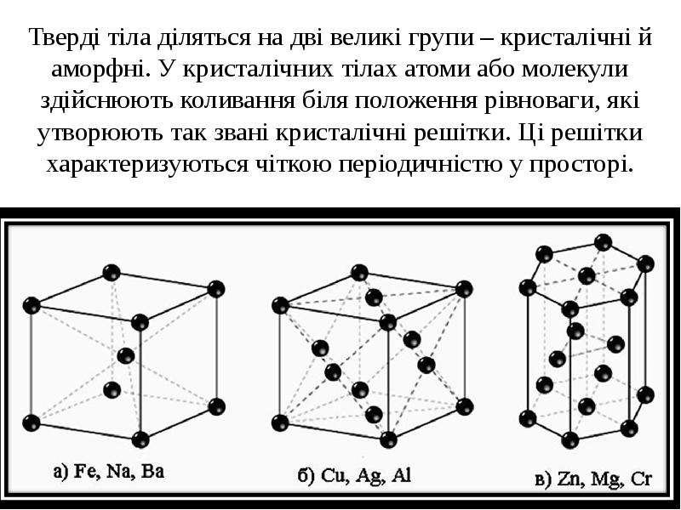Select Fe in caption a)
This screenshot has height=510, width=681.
[x=86, y=472]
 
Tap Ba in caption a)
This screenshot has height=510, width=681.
[x=152, y=471]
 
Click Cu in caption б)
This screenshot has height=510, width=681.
[x=331, y=476]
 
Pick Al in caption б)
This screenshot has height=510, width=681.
[x=401, y=475]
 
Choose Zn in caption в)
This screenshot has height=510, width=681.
[x=566, y=479]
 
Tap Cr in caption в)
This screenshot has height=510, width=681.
[x=642, y=479]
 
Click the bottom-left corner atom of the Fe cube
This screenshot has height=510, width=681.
[x=31, y=422]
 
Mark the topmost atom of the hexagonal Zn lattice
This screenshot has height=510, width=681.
[x=603, y=242]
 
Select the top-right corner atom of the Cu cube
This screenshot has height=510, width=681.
[x=464, y=289]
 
